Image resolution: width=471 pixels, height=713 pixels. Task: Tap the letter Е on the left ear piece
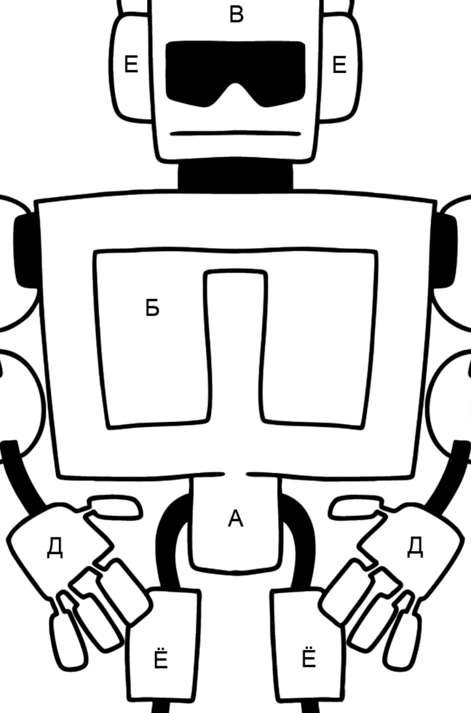131,64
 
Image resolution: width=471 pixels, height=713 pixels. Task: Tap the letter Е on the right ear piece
339,65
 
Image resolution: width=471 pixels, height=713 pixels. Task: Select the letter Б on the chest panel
152,308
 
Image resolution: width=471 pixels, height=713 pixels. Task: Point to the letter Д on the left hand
55,548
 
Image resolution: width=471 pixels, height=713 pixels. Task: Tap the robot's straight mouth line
235,133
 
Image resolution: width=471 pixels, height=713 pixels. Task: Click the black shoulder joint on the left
27,251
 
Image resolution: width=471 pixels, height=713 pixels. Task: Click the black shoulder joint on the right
445,251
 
